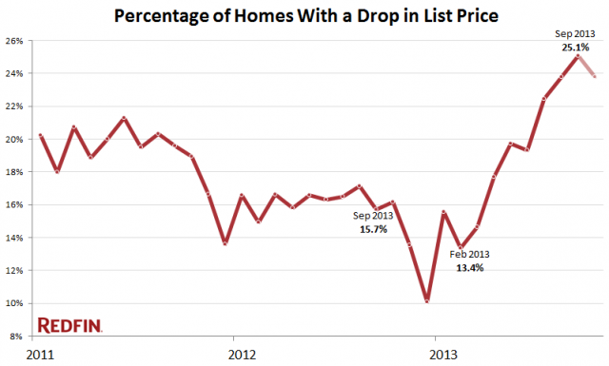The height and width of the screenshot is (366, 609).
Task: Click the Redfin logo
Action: pyautogui.click(x=69, y=326)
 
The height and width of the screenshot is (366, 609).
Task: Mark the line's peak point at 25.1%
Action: pyautogui.click(x=577, y=55)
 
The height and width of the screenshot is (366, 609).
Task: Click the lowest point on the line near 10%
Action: pyautogui.click(x=427, y=301)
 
